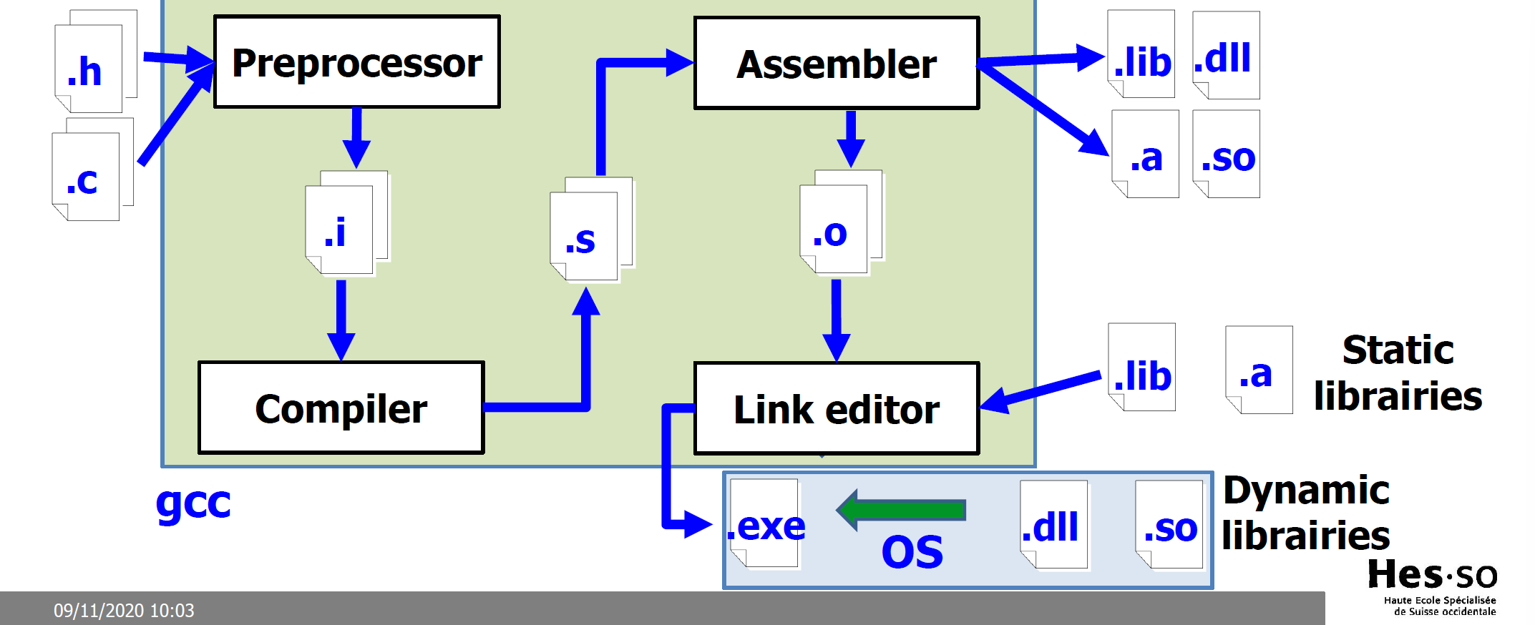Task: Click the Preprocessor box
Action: pos(356,62)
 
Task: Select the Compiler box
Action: pos(341,408)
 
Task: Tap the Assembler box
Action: pos(836,64)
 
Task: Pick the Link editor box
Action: pos(836,409)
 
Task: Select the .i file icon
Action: pos(339,230)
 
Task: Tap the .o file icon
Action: pos(834,230)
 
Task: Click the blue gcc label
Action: pos(193,502)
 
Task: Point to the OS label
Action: pos(912,552)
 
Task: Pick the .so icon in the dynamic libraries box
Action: pos(1169,526)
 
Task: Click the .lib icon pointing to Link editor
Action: pos(1141,368)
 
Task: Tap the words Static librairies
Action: pos(1397,373)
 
